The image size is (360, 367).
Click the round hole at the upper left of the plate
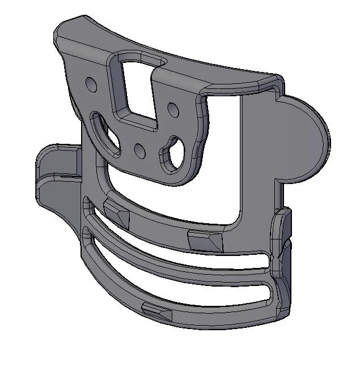pyautogui.click(x=90, y=84)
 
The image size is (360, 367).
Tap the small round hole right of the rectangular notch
pyautogui.click(x=171, y=106)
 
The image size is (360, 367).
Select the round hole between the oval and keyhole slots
pyautogui.click(x=139, y=150)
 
